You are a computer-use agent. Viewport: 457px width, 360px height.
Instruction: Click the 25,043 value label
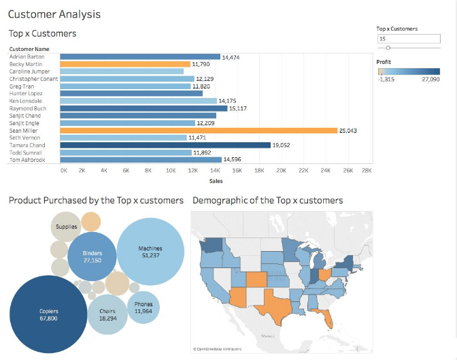click(348, 131)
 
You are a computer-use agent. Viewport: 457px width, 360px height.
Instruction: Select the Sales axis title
click(216, 181)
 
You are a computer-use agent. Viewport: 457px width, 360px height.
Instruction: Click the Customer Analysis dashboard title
click(54, 14)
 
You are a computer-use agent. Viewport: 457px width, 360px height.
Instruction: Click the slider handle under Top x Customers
click(388, 48)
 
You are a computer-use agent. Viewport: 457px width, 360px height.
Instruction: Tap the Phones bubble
click(143, 308)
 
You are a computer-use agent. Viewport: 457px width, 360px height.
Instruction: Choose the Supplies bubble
click(66, 227)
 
